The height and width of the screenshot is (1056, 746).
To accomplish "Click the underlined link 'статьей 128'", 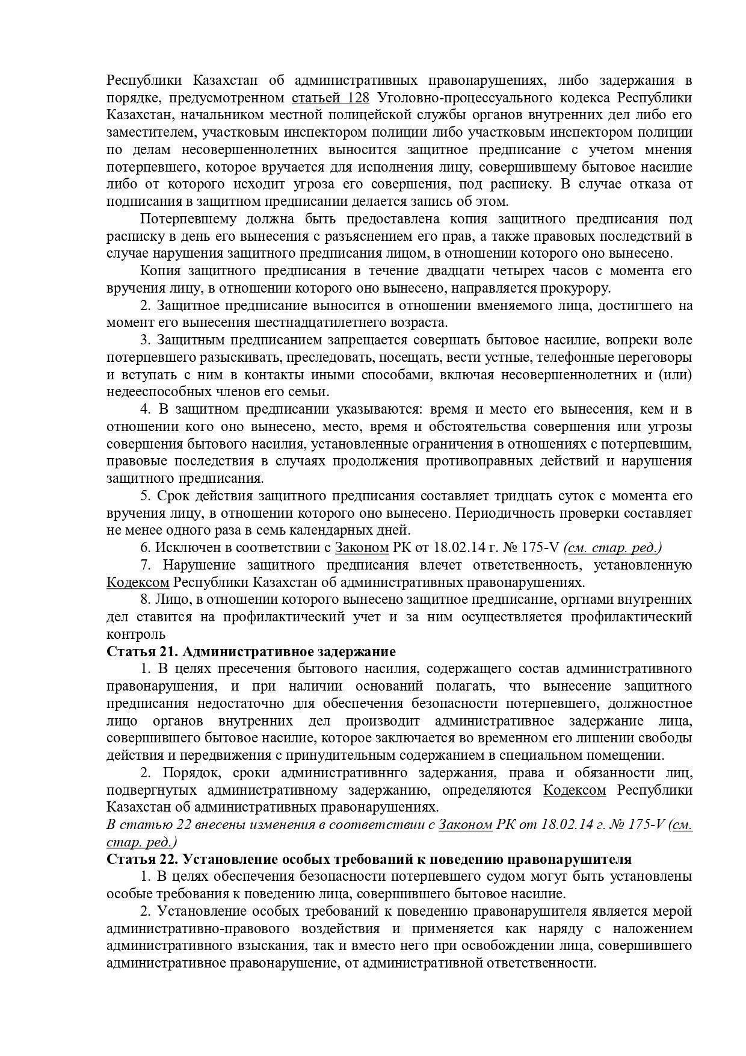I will click(x=330, y=98).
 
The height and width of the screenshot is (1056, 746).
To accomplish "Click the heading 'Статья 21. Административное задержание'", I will click(x=251, y=651).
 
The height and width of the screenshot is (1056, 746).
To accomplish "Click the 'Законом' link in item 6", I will click(x=362, y=548).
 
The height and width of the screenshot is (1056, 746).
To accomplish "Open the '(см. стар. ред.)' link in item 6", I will click(x=612, y=548).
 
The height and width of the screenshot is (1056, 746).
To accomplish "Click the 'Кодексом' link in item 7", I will click(x=138, y=582).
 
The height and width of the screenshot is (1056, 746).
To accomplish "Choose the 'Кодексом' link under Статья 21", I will click(x=575, y=790).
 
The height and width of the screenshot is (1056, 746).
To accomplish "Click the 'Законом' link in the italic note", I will click(x=465, y=825).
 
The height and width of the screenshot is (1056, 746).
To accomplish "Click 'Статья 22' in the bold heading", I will click(x=140, y=859).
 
